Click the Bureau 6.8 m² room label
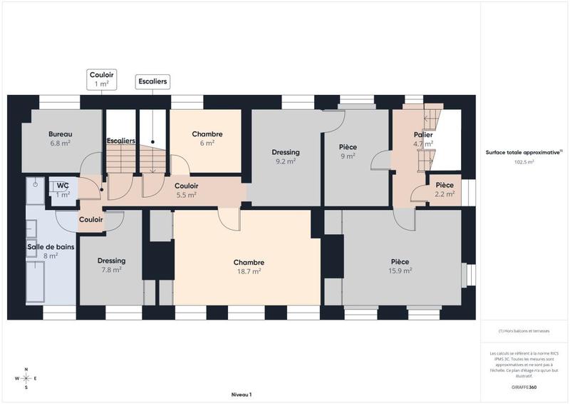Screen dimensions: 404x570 pos(61,138)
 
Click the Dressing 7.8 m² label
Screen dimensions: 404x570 pos(112,265)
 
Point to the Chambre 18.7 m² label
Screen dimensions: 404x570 pos(248,266)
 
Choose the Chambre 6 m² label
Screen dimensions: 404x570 pos(207,138)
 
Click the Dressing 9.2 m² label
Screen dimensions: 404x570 pos(286,156)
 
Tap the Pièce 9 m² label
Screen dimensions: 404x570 pos(348,151)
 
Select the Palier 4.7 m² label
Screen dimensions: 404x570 pos(424,138)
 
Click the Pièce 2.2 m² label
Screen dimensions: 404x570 pos(445,189)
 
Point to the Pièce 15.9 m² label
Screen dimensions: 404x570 pos(400,266)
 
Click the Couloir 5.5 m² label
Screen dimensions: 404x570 pos(186,190)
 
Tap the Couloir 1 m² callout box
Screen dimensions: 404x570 pos(101,79)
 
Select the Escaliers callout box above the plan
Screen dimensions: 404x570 pos(152,82)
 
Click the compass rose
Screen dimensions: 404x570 pos(26,378)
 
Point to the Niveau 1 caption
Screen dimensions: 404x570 pos(242,395)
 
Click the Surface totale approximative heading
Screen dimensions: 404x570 pos(524,152)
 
